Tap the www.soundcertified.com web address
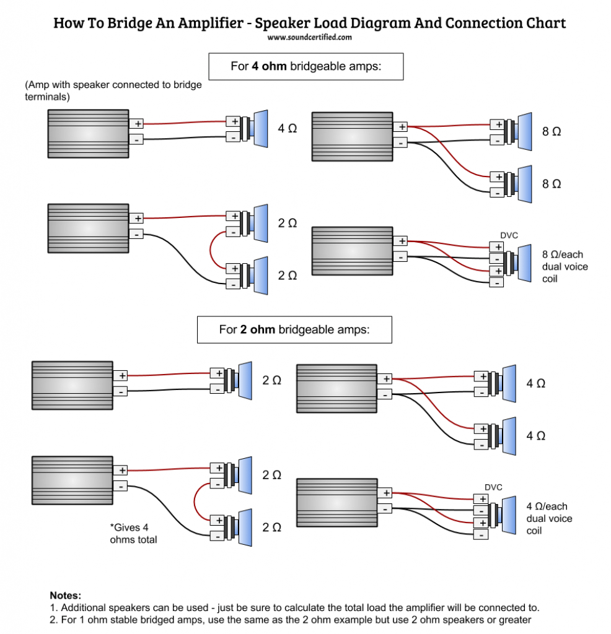310,37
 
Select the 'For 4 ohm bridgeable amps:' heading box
305,66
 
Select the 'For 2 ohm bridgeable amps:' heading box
294,330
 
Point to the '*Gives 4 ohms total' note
134,534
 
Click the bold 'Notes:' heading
65,596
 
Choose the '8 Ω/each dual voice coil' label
565,267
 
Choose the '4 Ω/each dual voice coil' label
549,519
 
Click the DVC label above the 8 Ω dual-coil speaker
509,236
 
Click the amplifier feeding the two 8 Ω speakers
351,137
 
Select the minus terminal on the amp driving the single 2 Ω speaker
121,391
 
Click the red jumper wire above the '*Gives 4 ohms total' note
196,503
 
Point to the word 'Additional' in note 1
84,607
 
